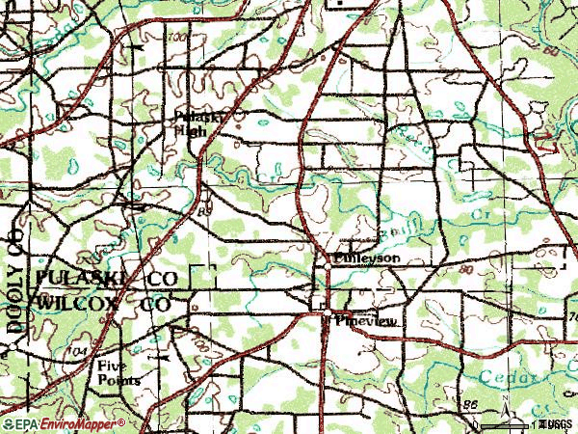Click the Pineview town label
click(x=365, y=323)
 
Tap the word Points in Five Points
click(x=118, y=380)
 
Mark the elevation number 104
click(x=80, y=353)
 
